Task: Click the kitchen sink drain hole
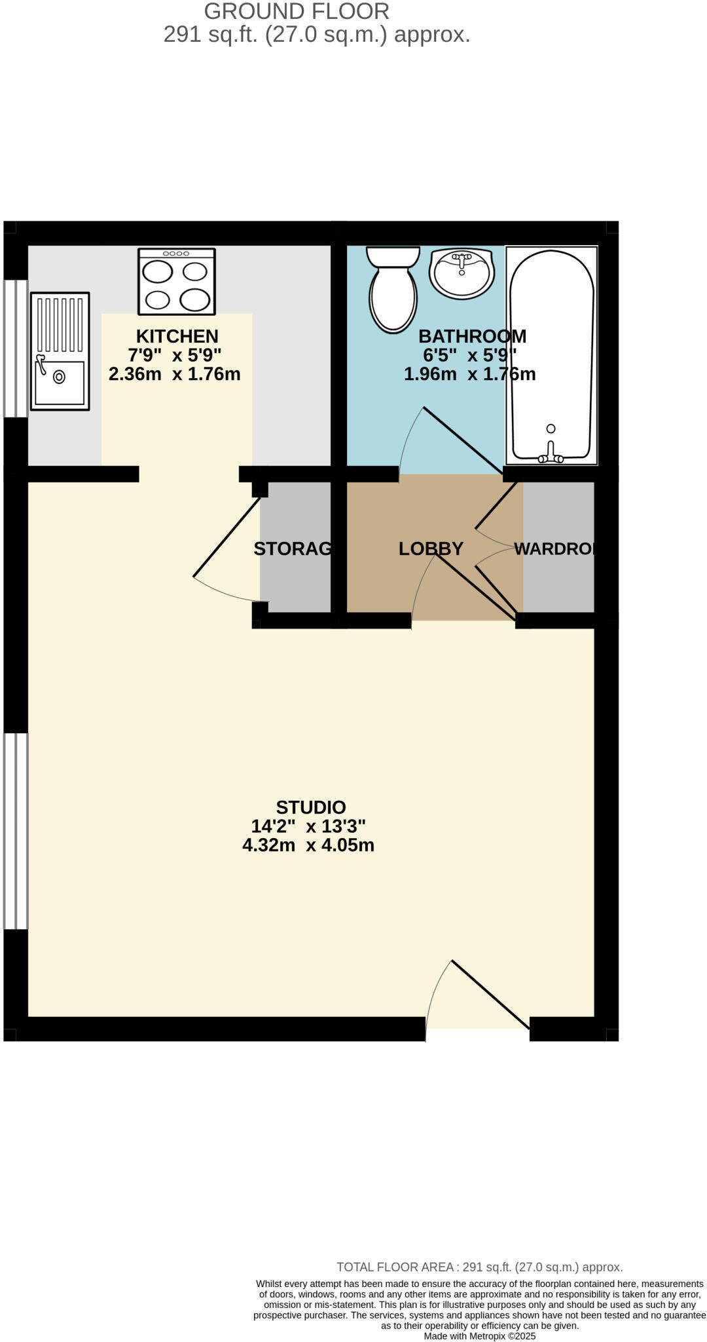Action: click(60, 377)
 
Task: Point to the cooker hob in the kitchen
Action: click(177, 282)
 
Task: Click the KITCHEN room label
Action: click(177, 336)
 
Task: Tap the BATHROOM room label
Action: click(472, 336)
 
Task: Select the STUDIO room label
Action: click(310, 807)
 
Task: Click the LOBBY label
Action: click(431, 548)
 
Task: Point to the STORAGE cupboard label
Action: click(293, 548)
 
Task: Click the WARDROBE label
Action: click(554, 548)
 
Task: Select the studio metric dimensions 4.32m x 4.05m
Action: click(308, 845)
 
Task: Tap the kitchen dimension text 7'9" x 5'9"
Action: click(174, 355)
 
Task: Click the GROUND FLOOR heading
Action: click(297, 11)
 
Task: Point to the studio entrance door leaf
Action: click(490, 994)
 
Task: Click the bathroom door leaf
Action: click(463, 438)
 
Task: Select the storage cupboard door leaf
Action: click(227, 537)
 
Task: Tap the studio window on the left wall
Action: click(16, 831)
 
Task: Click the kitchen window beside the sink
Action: click(16, 349)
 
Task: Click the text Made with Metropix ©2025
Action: click(479, 1336)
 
